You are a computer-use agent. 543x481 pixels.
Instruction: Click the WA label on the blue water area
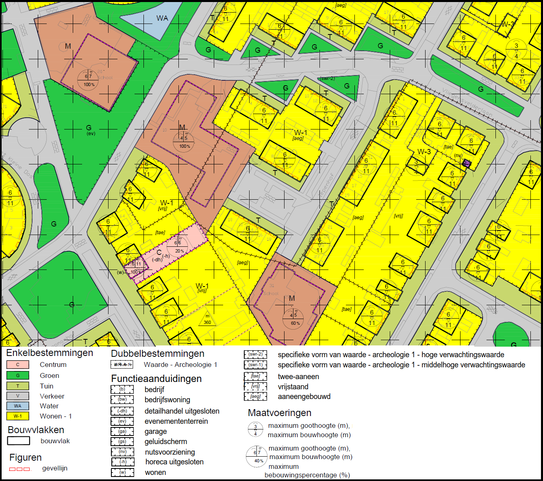(x=162, y=18)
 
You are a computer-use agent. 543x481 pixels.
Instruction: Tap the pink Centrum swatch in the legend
(x=17, y=365)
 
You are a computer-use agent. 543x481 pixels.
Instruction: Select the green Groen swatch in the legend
(x=17, y=375)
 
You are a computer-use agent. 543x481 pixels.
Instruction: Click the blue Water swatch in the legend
(x=17, y=406)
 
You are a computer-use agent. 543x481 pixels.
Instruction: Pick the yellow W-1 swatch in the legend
(x=17, y=416)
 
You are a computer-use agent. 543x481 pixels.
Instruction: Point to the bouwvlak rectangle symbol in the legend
(x=18, y=441)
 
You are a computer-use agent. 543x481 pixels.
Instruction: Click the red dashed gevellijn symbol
(x=20, y=469)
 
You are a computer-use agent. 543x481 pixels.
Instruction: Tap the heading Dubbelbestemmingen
(x=157, y=354)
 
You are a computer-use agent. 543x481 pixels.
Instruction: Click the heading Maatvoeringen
(x=280, y=413)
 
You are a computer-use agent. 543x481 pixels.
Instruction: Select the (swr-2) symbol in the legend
(x=255, y=355)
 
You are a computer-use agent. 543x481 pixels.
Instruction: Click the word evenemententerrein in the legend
(x=176, y=421)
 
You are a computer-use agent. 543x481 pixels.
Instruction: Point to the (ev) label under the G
(x=91, y=134)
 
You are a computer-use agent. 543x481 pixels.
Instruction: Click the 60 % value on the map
(x=295, y=323)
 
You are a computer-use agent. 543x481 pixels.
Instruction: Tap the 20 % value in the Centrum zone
(x=180, y=251)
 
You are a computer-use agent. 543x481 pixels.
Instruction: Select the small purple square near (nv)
(x=467, y=164)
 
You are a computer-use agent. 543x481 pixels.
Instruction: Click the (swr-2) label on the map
(x=327, y=78)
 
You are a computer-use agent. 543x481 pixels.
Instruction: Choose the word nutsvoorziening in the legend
(x=170, y=452)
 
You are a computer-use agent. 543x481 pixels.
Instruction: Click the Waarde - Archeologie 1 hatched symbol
(x=122, y=365)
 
